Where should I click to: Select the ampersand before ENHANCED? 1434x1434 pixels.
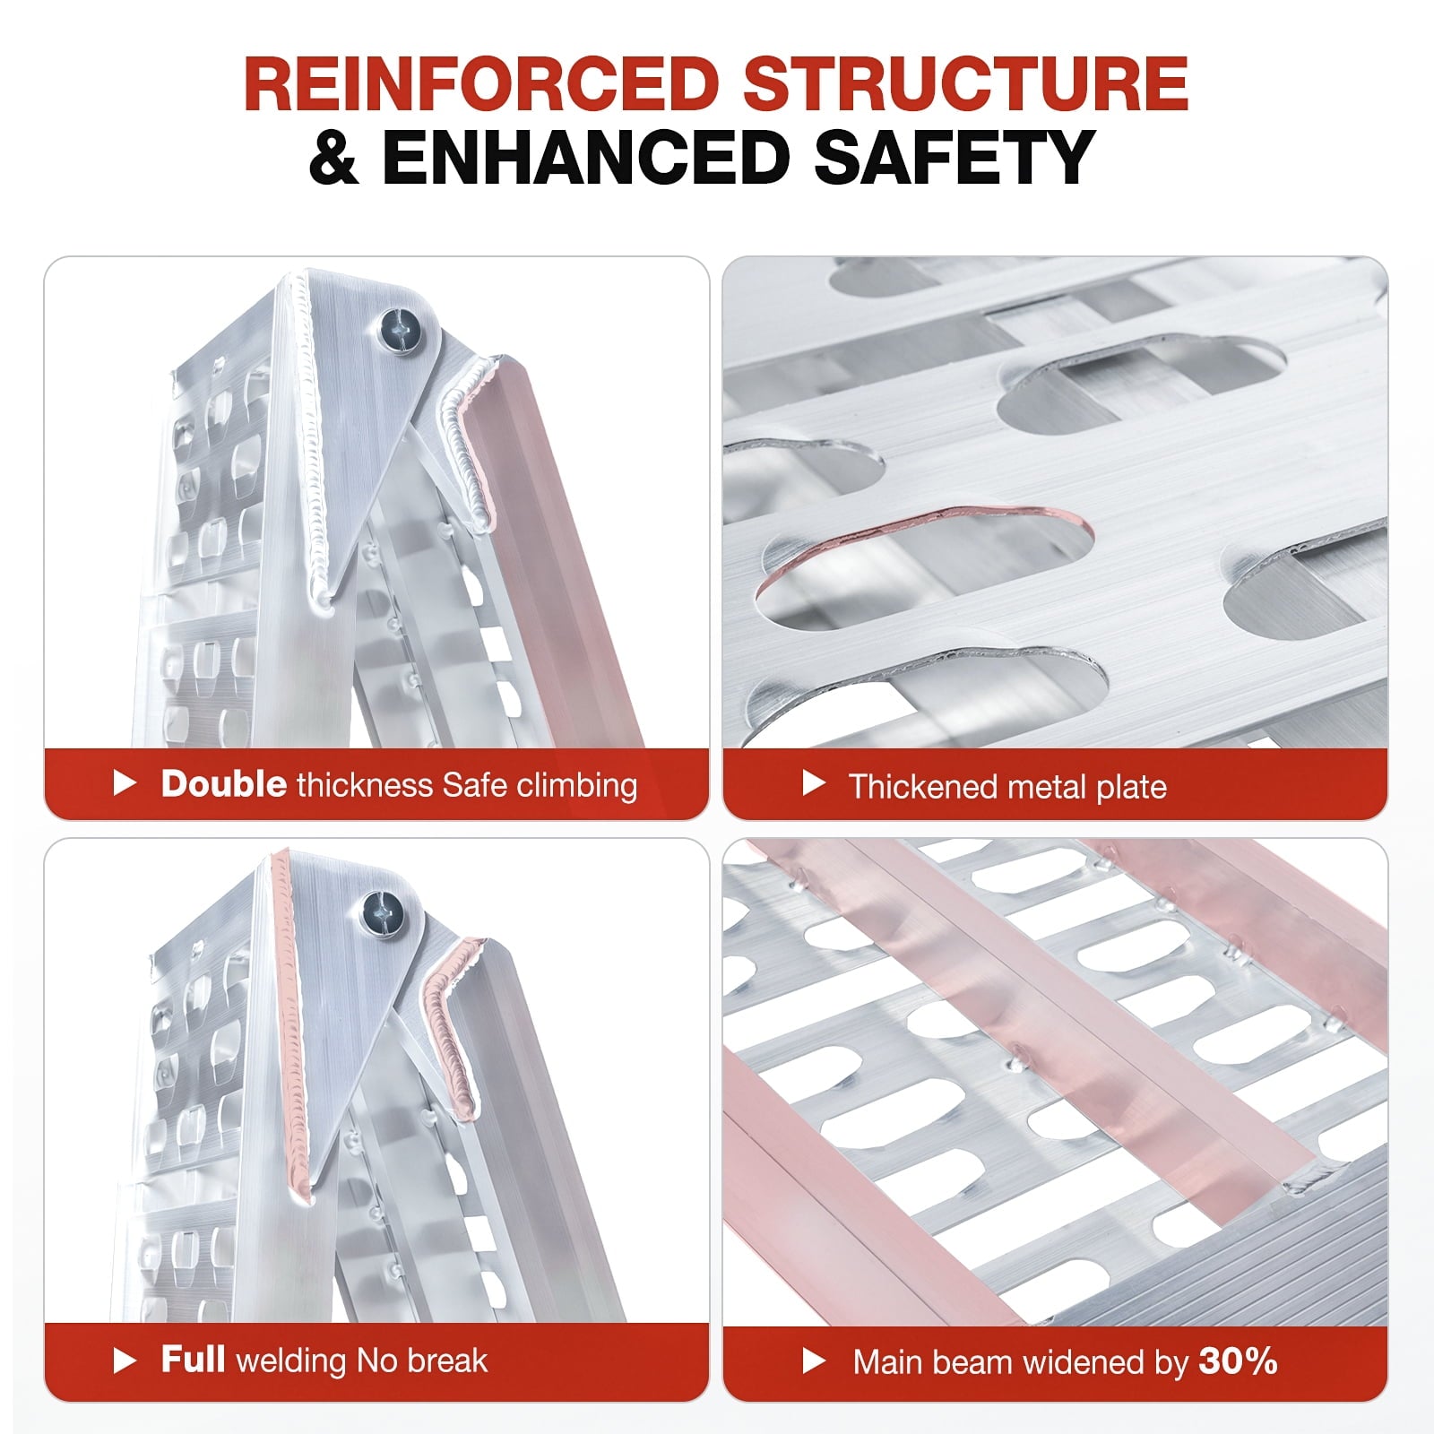pyautogui.click(x=334, y=158)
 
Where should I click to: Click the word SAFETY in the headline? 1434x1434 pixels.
pyautogui.click(x=954, y=158)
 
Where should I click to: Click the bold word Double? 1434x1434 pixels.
pyautogui.click(x=223, y=784)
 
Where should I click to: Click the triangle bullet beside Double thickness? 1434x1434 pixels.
pyautogui.click(x=125, y=784)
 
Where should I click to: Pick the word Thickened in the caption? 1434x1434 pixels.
pyautogui.click(x=923, y=786)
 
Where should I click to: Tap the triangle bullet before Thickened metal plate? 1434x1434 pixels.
pyautogui.click(x=813, y=783)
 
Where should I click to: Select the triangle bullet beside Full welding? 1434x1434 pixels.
pyautogui.click(x=125, y=1361)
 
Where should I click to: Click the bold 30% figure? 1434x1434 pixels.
pyautogui.click(x=1238, y=1361)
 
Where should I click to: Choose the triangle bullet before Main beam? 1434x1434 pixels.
pyautogui.click(x=813, y=1361)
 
